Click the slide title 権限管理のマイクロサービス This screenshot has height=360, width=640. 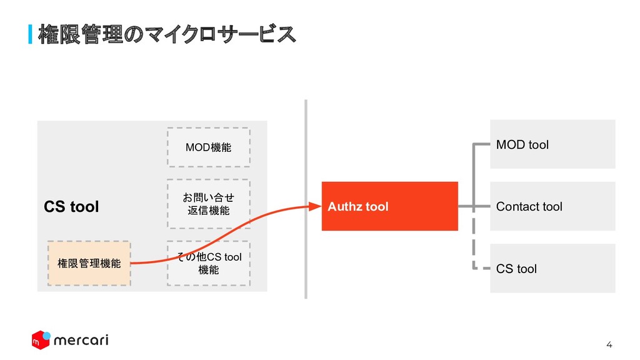coord(166,35)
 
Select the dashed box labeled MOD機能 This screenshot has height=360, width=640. coord(208,147)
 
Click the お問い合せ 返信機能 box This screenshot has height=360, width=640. coord(208,204)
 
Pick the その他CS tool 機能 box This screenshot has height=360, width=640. coord(208,263)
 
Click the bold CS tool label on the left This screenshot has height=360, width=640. coord(71,207)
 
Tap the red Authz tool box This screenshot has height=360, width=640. coord(389,206)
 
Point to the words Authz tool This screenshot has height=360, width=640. coord(358,206)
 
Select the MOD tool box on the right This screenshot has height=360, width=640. coord(552,144)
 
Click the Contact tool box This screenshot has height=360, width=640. coord(552,206)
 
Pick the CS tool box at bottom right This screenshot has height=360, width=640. coord(552,269)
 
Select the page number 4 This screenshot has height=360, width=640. coord(610,345)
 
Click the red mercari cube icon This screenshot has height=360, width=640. coord(41,341)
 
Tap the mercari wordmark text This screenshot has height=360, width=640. coord(81,341)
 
